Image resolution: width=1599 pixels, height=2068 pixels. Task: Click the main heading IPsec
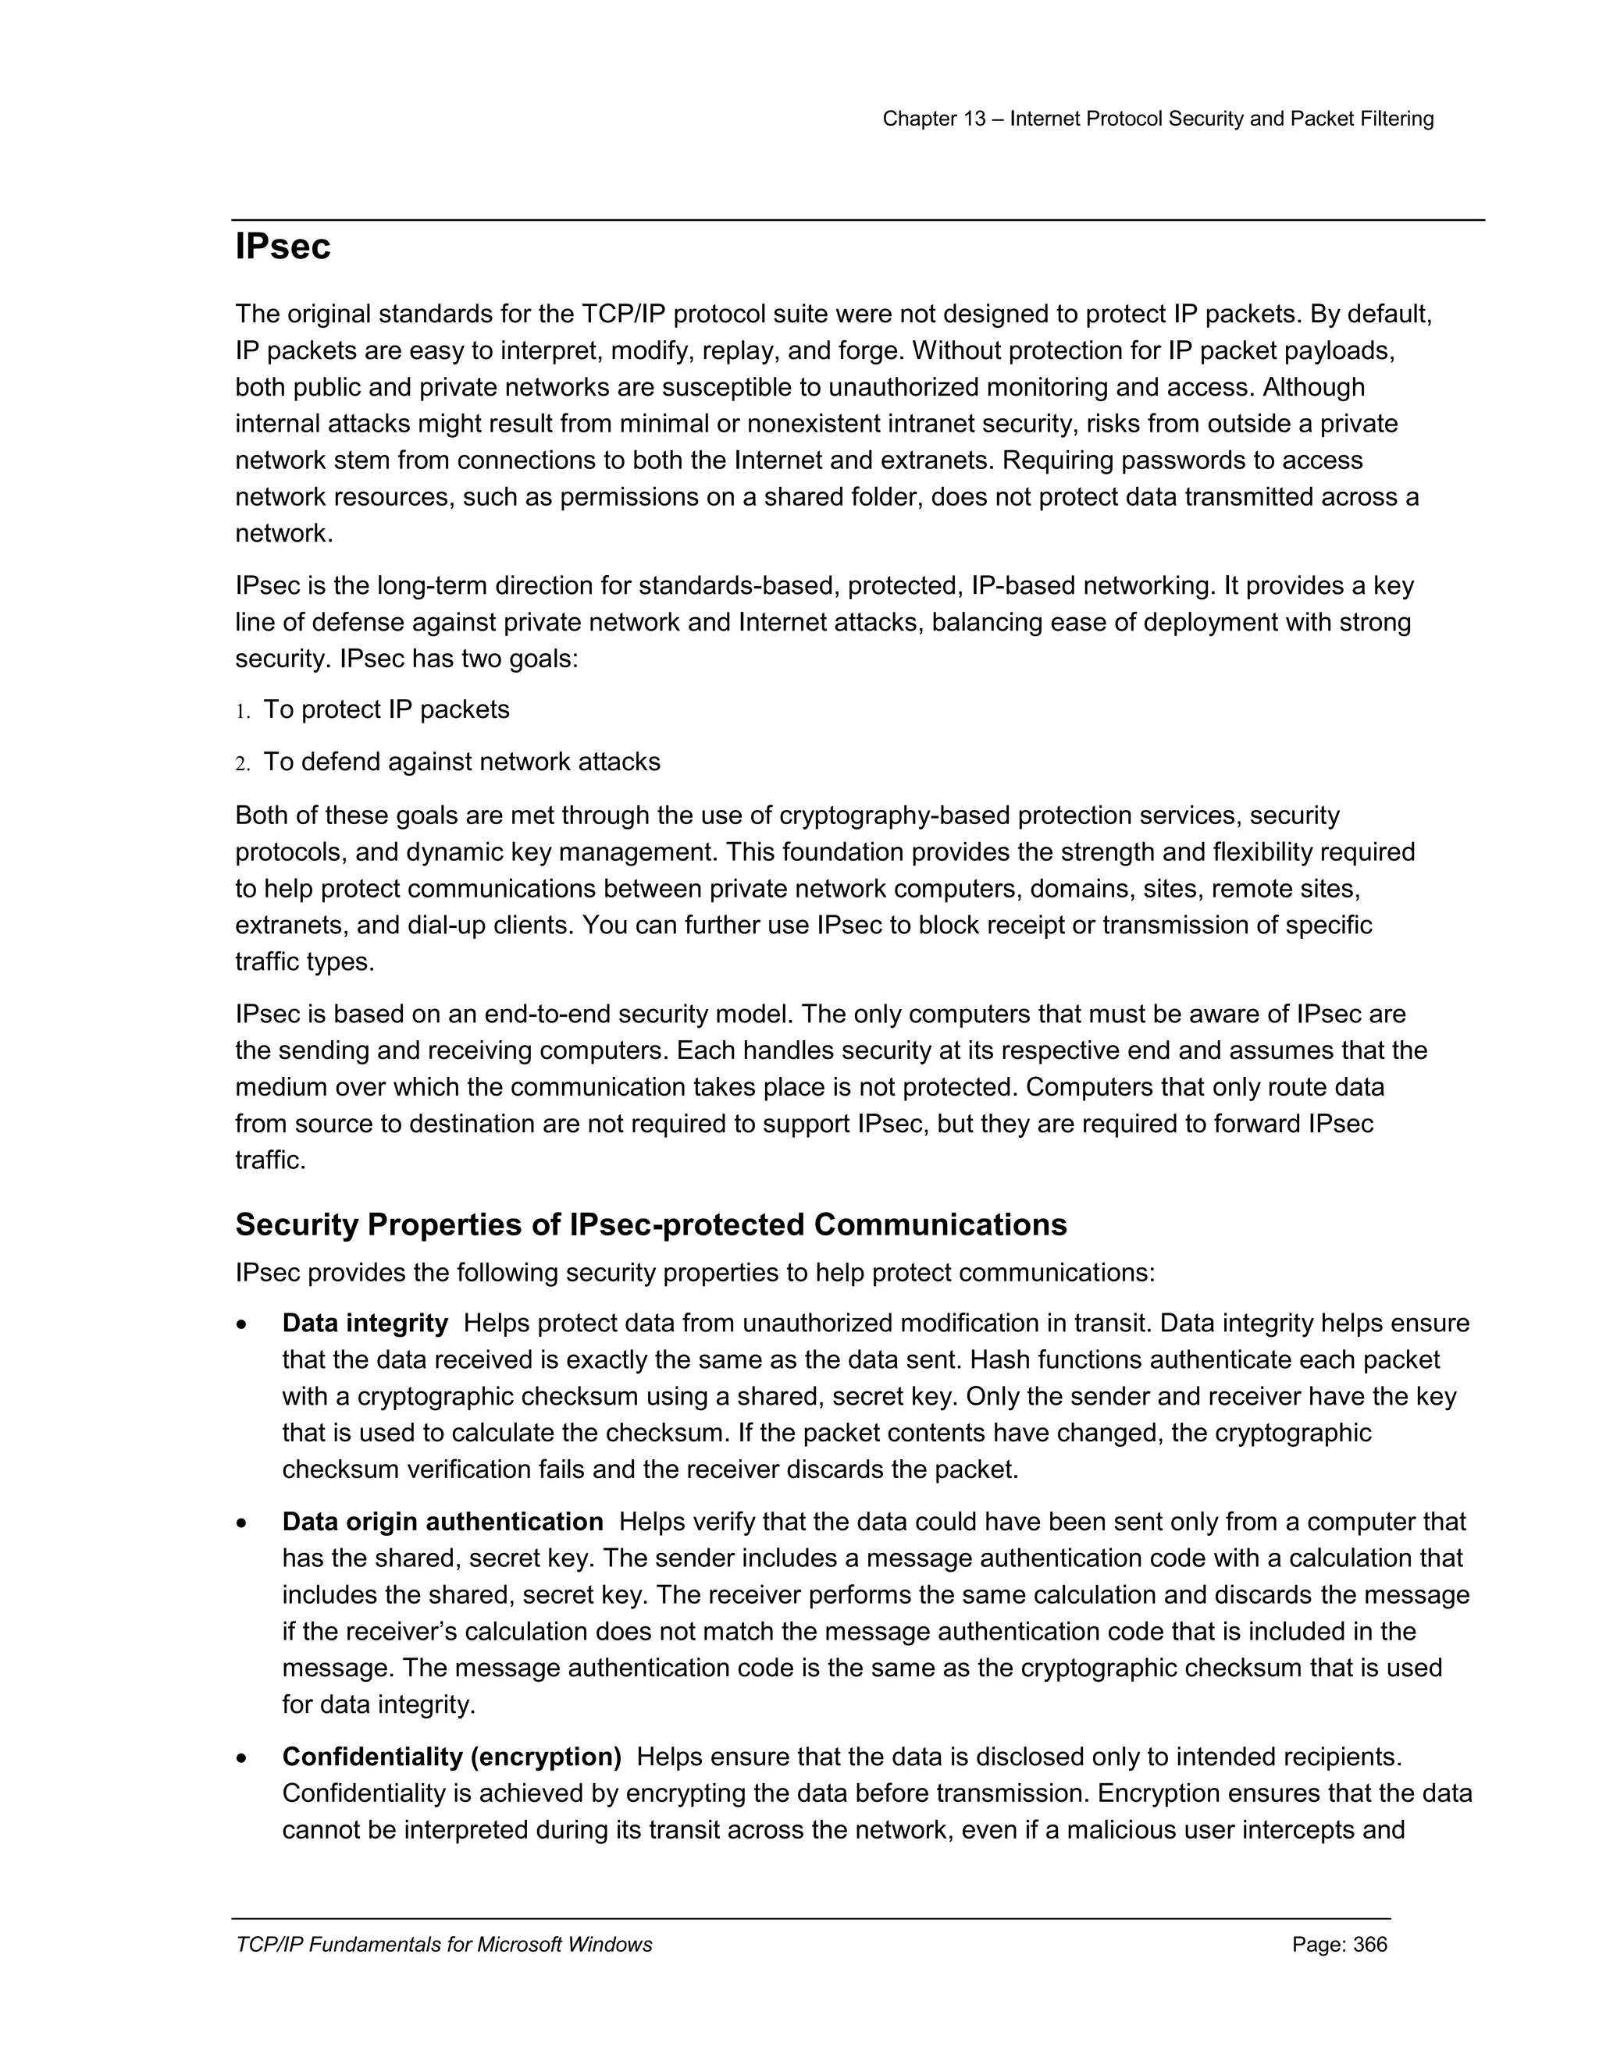tap(283, 247)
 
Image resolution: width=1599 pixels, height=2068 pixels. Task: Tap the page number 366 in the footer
tap(1369, 1945)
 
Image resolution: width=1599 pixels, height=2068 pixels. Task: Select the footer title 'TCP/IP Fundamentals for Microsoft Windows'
tap(443, 1945)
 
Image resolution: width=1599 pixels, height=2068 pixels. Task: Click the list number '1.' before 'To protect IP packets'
tap(243, 711)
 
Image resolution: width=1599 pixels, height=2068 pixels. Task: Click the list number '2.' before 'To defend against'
tap(243, 763)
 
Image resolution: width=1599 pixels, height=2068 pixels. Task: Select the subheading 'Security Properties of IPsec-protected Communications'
tap(651, 1224)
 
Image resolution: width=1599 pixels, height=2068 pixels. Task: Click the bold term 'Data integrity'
tap(365, 1323)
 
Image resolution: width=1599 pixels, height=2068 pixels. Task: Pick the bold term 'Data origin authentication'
tap(443, 1522)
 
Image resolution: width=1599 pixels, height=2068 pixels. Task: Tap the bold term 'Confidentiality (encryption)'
tap(451, 1757)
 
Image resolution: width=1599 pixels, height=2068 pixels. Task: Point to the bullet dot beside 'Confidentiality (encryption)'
tap(244, 1758)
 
